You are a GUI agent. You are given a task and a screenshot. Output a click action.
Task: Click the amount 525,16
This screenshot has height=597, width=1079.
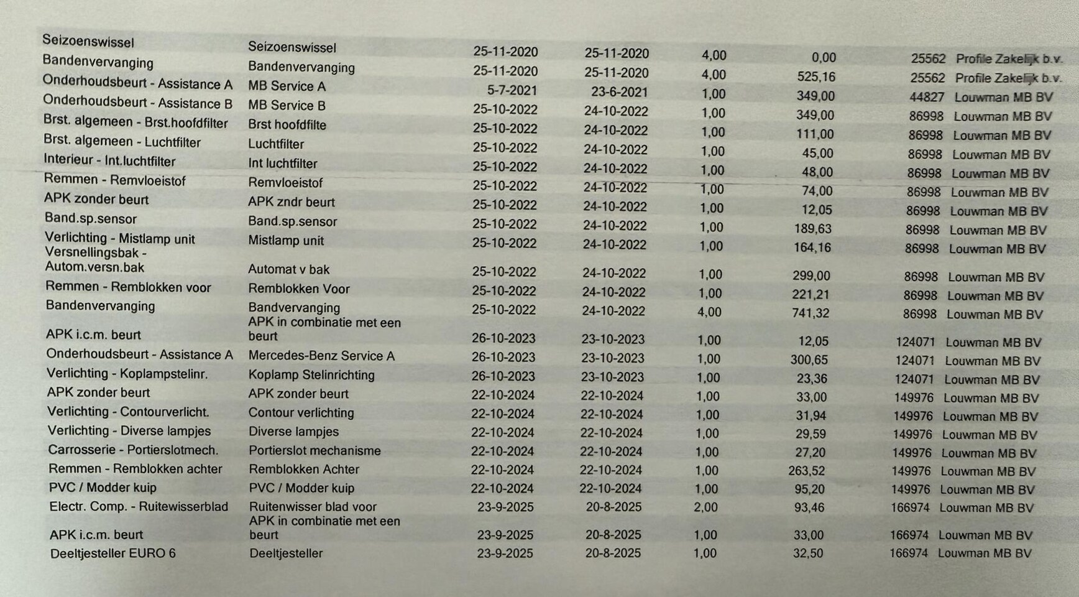pos(815,77)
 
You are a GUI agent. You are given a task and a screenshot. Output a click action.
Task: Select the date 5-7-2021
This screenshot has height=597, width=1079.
pos(512,91)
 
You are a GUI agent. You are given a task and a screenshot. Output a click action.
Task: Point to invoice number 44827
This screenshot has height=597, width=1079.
pos(926,98)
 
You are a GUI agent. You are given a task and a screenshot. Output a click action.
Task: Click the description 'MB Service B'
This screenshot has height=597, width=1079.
pos(287,106)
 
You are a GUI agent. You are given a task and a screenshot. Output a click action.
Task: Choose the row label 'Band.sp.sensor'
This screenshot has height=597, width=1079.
pos(91,219)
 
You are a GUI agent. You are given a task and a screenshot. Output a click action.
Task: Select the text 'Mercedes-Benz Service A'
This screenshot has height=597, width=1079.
pos(321,356)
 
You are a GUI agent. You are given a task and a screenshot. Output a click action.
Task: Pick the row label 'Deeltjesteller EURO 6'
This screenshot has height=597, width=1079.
pos(112,553)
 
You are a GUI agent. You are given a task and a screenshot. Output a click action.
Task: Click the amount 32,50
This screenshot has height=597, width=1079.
pos(808,553)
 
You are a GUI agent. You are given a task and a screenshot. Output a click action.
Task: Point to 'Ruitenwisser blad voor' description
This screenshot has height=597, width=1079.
pos(313,507)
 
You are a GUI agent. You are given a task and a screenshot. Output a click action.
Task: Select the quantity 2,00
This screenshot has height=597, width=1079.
pos(705,507)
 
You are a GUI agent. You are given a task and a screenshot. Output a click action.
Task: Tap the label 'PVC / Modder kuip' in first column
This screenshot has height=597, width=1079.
pos(103,488)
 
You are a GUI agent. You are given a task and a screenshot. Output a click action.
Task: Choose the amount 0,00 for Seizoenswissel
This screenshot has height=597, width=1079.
pos(824,58)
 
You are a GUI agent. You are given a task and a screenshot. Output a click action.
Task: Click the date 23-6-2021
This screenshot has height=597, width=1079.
pos(619,92)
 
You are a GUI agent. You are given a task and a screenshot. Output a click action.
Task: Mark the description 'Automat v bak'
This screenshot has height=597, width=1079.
pos(288,270)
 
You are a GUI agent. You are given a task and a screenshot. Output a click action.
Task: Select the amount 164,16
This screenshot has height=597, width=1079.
pos(812,248)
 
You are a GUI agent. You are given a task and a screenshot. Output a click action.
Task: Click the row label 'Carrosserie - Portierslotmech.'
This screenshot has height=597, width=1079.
pos(133,450)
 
